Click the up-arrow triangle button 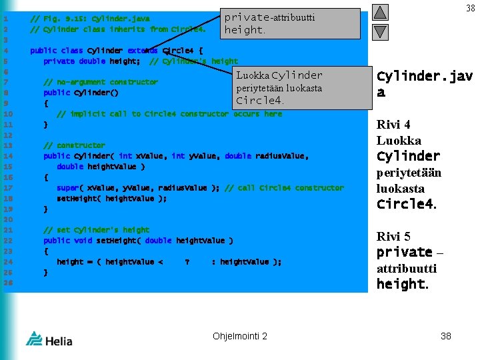pyautogui.click(x=379, y=13)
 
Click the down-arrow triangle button pyautogui.click(x=379, y=31)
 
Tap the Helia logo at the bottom pyautogui.click(x=50, y=339)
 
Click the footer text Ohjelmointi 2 pyautogui.click(x=240, y=336)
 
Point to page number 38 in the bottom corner pyautogui.click(x=446, y=336)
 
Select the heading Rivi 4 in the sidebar pyautogui.click(x=393, y=125)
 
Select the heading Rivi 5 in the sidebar pyautogui.click(x=393, y=237)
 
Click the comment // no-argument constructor pyautogui.click(x=101, y=82)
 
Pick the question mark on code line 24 pyautogui.click(x=187, y=262)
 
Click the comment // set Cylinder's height pyautogui.click(x=96, y=230)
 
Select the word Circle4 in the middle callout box pyautogui.click(x=259, y=101)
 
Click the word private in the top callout pyautogui.click(x=246, y=17)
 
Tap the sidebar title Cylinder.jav pyautogui.click(x=425, y=77)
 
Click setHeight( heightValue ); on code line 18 pyautogui.click(x=111, y=199)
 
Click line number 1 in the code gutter pyautogui.click(x=5, y=18)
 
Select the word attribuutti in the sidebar pyautogui.click(x=407, y=268)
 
